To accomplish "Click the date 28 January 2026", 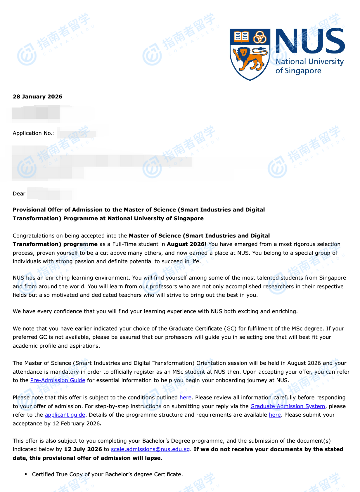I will click(37, 97).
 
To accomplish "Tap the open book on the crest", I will click(241, 37).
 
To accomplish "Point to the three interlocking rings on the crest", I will click(260, 37).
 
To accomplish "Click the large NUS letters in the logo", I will click(310, 41).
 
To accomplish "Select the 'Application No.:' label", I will click(34, 133).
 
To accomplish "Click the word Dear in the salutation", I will click(19, 194).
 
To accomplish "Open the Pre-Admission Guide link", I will click(58, 380).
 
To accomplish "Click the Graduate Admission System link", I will click(288, 406).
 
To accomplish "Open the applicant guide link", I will click(65, 415).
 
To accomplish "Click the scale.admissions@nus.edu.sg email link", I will click(150, 449).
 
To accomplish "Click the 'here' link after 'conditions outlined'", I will click(185, 398).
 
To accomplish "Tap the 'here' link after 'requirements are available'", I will click(275, 415).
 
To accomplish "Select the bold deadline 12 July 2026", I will click(83, 449).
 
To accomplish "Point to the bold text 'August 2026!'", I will click(186, 244).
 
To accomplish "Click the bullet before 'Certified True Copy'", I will click(26, 474).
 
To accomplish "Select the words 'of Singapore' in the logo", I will click(298, 71).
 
